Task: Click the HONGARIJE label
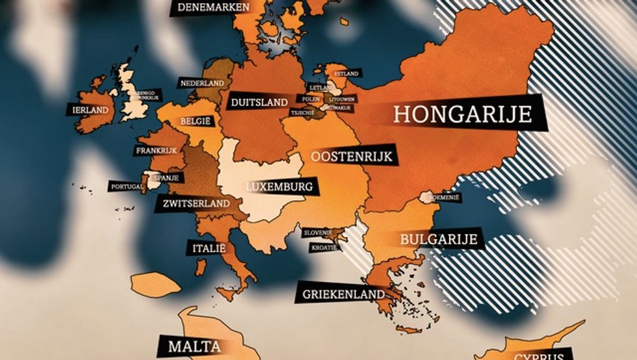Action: click(463, 114)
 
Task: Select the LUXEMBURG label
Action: click(280, 187)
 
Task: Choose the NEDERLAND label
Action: click(202, 84)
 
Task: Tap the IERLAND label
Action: click(90, 110)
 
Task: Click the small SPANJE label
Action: click(161, 175)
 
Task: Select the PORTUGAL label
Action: click(127, 186)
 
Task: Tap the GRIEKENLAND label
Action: click(341, 294)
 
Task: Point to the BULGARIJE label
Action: click(430, 239)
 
